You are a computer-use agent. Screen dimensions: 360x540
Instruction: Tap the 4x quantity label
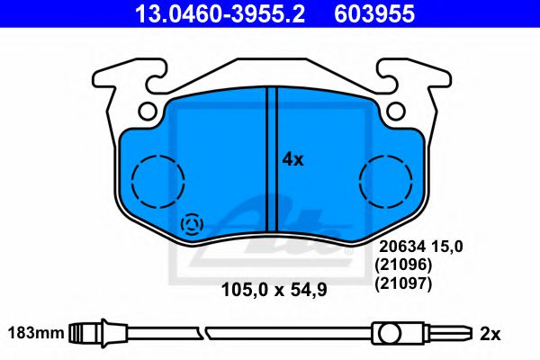(293, 159)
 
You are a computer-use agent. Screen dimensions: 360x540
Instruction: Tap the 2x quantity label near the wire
(490, 334)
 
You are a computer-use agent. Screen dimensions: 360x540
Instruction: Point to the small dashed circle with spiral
(193, 224)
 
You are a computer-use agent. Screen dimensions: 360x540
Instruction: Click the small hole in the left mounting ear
(149, 112)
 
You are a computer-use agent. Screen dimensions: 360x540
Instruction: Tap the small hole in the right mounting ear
(396, 112)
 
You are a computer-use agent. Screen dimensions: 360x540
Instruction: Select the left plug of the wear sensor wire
(86, 333)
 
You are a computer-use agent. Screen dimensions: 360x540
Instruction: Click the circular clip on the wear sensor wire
(389, 334)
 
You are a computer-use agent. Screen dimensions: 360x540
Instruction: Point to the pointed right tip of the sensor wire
(467, 334)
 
